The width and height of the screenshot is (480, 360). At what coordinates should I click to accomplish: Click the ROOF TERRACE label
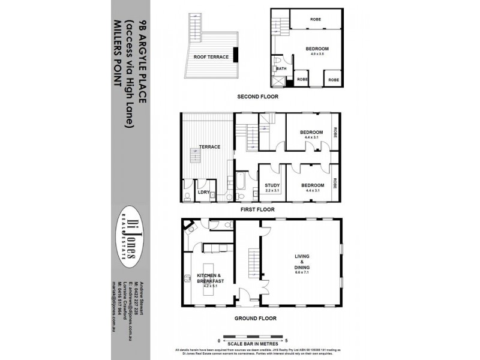(x=209, y=57)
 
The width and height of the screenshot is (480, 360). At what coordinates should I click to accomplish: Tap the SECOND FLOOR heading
(x=257, y=97)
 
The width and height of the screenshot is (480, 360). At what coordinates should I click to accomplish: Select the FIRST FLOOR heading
(x=257, y=209)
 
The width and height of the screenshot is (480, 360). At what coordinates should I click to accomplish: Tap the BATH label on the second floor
(x=282, y=69)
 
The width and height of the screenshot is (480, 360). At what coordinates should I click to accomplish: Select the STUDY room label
(x=272, y=185)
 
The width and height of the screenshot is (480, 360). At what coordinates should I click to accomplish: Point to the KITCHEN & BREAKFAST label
(x=211, y=278)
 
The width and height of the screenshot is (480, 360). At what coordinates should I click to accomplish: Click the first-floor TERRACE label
(x=210, y=146)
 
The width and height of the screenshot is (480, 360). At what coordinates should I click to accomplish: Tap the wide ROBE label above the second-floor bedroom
(x=316, y=19)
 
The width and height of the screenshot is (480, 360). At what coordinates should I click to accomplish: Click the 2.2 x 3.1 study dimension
(x=272, y=191)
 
